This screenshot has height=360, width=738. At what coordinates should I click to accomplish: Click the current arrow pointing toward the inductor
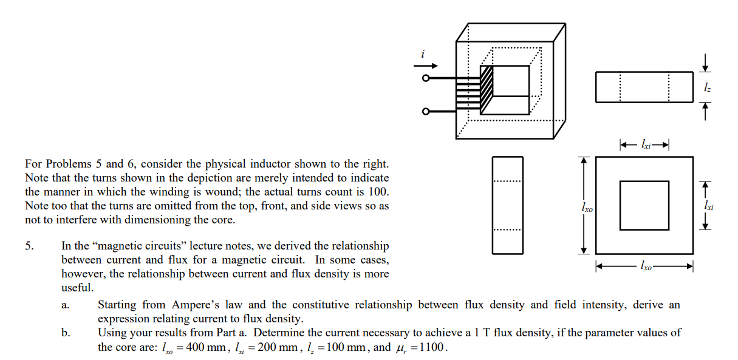click(425, 66)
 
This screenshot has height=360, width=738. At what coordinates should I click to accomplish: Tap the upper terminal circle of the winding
click(426, 78)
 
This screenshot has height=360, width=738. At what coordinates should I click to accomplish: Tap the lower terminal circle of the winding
click(426, 112)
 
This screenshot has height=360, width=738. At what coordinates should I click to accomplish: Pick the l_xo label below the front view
click(645, 266)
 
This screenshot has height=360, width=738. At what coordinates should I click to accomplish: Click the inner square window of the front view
click(644, 205)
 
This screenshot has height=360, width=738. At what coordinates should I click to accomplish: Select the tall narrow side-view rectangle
click(507, 205)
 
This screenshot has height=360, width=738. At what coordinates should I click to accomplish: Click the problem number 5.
click(28, 246)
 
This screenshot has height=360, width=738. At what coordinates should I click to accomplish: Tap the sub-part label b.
click(64, 333)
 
